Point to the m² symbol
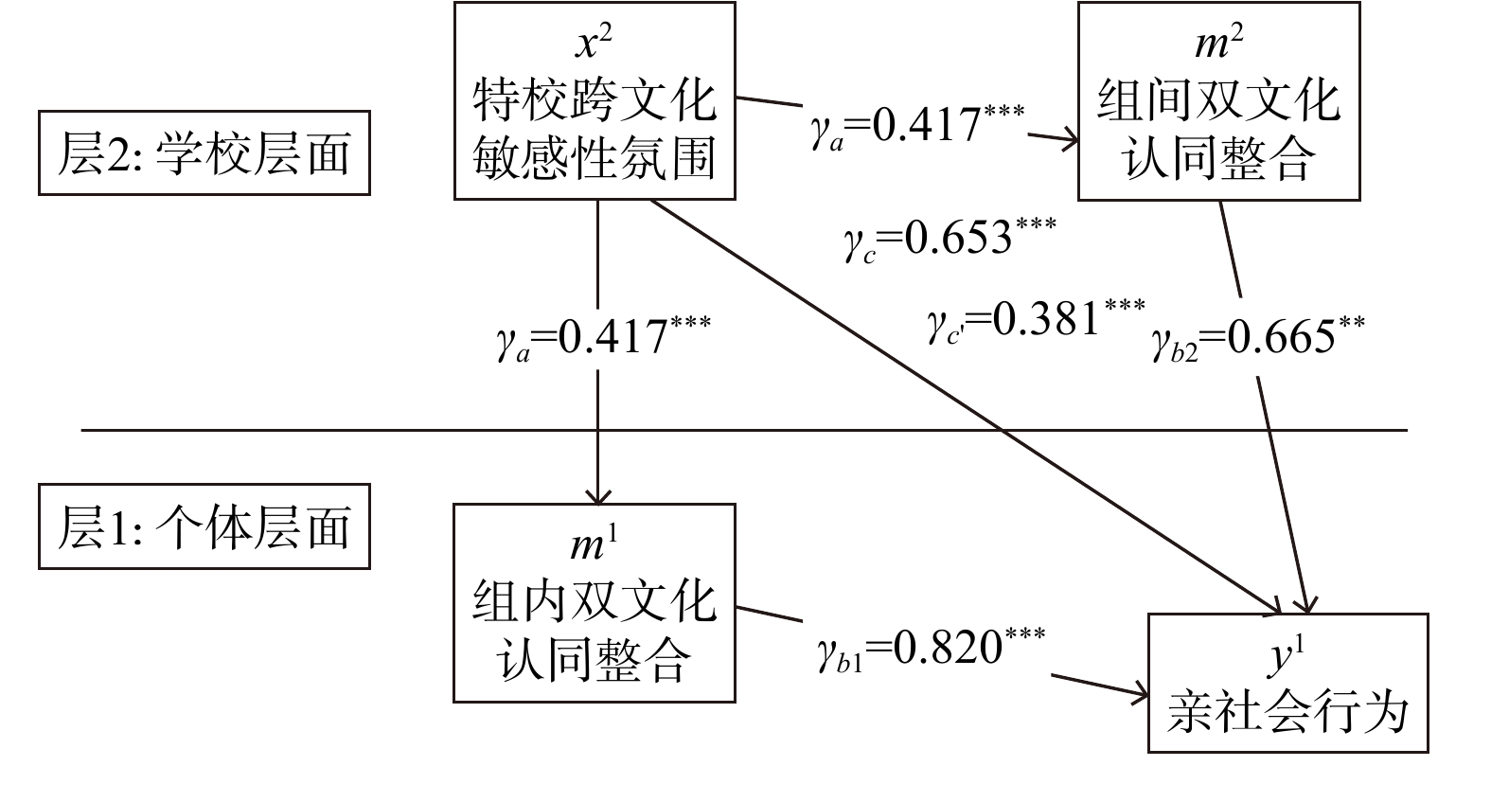click(1218, 42)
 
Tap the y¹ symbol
click(1286, 655)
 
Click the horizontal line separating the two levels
click(744, 431)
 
